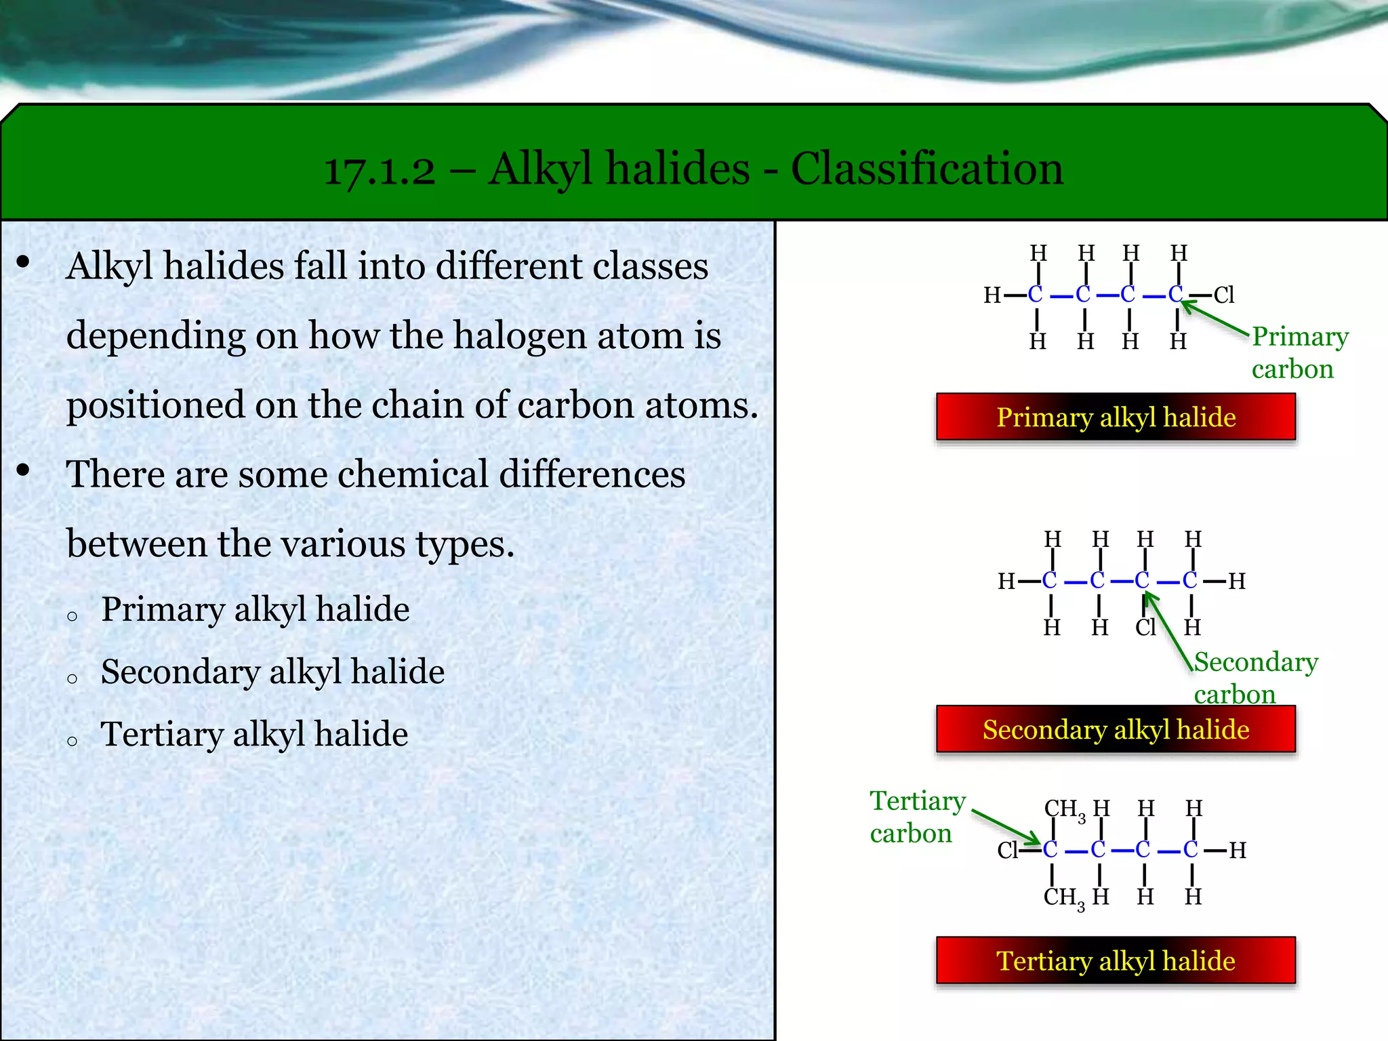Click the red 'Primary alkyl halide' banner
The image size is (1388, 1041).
coord(1116,417)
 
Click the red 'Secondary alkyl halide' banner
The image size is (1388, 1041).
coord(1116,729)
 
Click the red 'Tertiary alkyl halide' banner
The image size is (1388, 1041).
coord(1116,960)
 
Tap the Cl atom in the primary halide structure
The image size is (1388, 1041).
coord(1224,295)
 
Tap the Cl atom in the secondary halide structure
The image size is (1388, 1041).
coord(1145,628)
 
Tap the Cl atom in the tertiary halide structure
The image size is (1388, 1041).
coord(1008,851)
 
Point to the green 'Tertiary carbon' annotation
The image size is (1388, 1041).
coord(917,817)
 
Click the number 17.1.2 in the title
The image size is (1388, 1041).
coord(380,170)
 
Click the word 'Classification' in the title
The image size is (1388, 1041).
coord(927,169)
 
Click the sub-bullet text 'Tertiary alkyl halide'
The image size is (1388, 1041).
coord(254,734)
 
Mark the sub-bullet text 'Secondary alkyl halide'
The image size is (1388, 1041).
coord(272,672)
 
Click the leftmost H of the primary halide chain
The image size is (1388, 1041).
coord(992,295)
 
